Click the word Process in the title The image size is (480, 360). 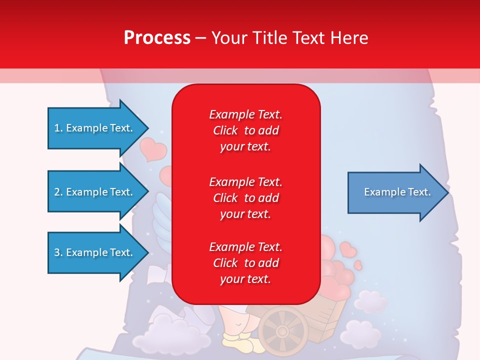[x=157, y=38]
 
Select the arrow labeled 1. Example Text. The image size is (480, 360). [x=93, y=128]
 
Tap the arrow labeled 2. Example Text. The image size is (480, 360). [x=93, y=192]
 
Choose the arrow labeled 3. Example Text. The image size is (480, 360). [x=93, y=252]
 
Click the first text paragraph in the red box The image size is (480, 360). [x=245, y=130]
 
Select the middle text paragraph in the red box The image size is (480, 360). [x=245, y=198]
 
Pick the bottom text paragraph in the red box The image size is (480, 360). [x=245, y=263]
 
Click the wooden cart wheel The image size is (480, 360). [x=283, y=330]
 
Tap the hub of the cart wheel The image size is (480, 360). [x=283, y=331]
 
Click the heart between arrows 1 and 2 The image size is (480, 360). [x=152, y=149]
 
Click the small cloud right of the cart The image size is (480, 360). [x=370, y=301]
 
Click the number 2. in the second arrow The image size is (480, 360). [x=58, y=192]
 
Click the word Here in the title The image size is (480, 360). [x=348, y=38]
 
